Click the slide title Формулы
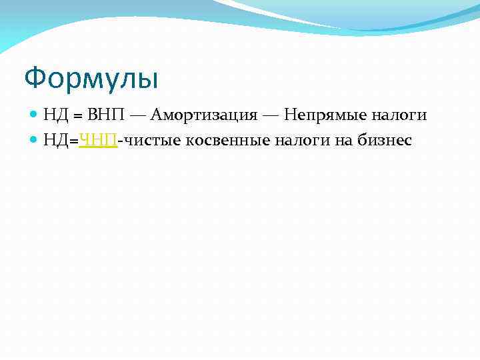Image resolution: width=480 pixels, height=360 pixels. coord(91,79)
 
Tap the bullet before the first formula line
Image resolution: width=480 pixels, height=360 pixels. coord(35,115)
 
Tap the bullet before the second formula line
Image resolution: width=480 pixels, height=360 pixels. coord(35,140)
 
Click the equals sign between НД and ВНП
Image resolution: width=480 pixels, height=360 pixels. coord(77,116)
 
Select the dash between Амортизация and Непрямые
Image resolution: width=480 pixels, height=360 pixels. coord(271,115)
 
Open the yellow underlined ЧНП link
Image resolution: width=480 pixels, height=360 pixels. coord(99,141)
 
